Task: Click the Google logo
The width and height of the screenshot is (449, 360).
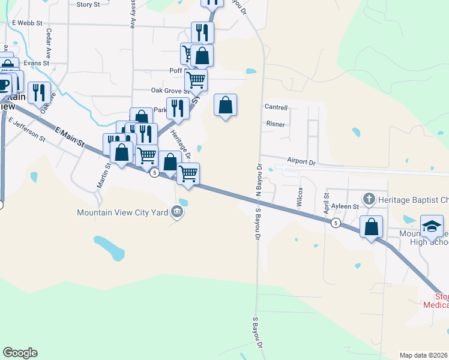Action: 20,353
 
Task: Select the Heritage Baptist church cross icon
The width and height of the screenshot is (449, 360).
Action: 369,198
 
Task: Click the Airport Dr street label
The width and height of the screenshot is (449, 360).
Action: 301,161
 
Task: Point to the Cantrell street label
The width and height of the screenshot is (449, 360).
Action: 276,107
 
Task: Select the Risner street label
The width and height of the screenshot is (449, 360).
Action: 275,124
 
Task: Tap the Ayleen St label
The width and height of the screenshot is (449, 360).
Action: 346,206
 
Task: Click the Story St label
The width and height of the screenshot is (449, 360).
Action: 88,4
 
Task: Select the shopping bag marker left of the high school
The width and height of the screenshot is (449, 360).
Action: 371,227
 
